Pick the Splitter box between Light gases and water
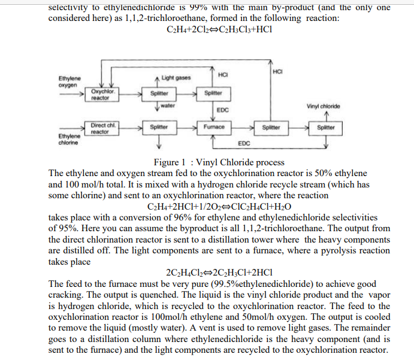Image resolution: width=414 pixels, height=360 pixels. tap(159, 94)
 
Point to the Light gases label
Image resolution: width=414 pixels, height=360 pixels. tap(176, 78)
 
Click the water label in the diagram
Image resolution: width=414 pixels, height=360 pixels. tap(168, 106)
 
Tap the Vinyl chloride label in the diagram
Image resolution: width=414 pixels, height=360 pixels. tap(323, 107)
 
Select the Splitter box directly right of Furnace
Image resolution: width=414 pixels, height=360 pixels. tap(273, 128)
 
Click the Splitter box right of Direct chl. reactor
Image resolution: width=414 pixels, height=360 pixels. tap(159, 128)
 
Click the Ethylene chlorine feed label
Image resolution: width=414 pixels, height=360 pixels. tap(67, 139)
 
